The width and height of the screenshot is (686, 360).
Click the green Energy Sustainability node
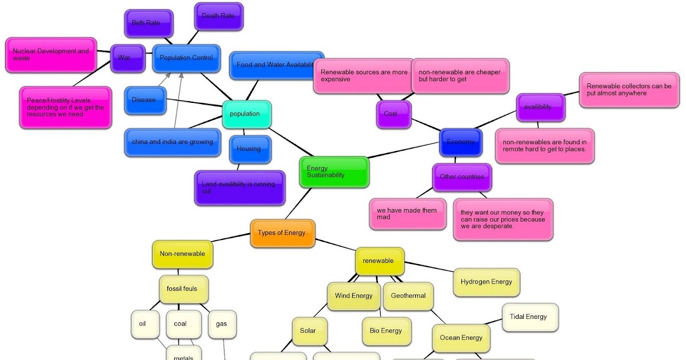pos(334,171)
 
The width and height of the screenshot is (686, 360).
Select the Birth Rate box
pos(149,23)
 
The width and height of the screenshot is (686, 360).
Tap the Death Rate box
pos(218,17)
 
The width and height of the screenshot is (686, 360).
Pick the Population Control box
pos(186,58)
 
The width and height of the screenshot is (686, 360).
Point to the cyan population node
pos(246,114)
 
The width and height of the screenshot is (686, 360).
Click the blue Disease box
pos(145,100)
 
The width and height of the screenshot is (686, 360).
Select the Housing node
pos(250,149)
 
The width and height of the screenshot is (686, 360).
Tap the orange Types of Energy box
pos(282,233)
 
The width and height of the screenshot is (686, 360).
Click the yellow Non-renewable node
pos(182,254)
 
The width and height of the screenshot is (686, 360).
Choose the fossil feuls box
pos(183,289)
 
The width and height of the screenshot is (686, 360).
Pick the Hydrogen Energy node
pos(486,282)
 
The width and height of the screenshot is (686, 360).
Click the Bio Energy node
pos(386,331)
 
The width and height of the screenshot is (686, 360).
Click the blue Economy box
pos(460,142)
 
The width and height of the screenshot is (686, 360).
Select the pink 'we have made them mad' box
pos(407,214)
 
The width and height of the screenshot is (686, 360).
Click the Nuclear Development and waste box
pos(51,55)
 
